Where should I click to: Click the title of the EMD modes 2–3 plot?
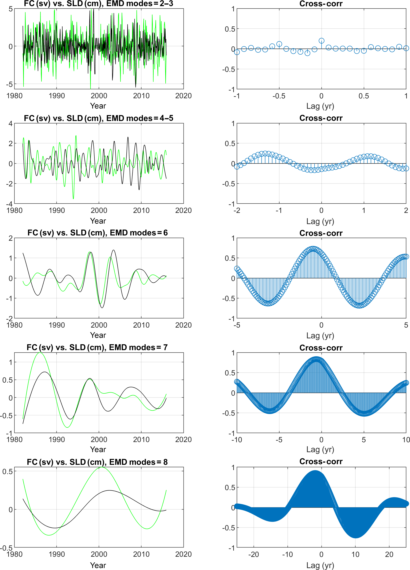[x=98, y=4]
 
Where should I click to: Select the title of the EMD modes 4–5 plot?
[x=98, y=118]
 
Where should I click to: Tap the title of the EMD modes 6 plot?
[x=98, y=233]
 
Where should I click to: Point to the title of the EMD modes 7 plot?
[x=97, y=347]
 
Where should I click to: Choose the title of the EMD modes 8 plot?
[x=97, y=462]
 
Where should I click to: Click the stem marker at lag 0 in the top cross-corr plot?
[x=321, y=41]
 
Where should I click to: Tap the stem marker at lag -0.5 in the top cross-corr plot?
[x=279, y=44]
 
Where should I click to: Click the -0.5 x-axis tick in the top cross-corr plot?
[x=279, y=96]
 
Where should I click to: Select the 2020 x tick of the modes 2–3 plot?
[x=183, y=96]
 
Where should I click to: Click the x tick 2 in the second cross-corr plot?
[x=406, y=210]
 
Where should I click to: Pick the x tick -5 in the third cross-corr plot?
[x=237, y=325]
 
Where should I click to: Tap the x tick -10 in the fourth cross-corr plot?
[x=237, y=440]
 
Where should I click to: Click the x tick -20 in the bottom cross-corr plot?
[x=253, y=554]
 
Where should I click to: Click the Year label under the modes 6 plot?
[x=98, y=335]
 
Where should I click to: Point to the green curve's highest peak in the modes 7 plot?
[x=40, y=353]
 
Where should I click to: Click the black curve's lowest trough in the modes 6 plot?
[x=102, y=308]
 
